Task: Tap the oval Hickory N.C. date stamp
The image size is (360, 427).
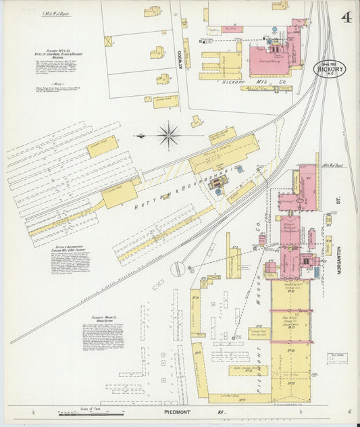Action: click(x=329, y=68)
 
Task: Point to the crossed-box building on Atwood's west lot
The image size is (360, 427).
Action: click(x=108, y=41)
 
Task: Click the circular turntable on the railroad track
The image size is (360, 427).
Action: click(x=178, y=269)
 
